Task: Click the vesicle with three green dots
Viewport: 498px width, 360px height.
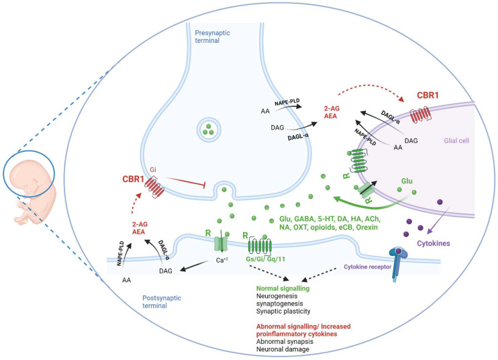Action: tap(210, 130)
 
